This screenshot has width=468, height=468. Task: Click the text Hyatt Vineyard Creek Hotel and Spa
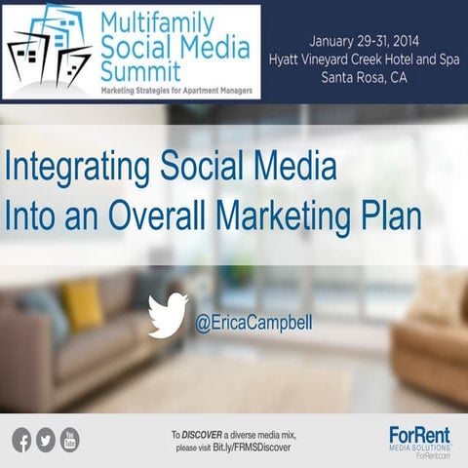coord(366,59)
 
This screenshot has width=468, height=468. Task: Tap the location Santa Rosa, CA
coord(366,79)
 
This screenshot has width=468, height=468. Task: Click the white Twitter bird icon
coord(168,315)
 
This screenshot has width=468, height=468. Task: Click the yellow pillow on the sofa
coord(82,303)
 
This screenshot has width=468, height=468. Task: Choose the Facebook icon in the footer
coord(21,441)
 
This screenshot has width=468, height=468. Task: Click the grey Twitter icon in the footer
coord(46,441)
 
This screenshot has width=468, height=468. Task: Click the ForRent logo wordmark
coord(418,435)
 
